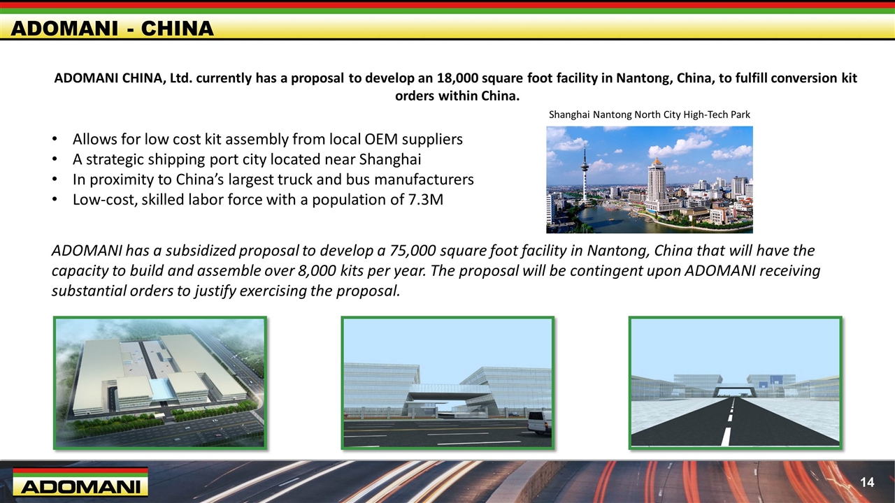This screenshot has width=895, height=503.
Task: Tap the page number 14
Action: (867, 482)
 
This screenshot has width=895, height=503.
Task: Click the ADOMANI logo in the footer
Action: (80, 482)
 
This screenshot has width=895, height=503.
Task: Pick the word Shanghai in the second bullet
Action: (390, 160)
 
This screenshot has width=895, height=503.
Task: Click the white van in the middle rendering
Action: (539, 422)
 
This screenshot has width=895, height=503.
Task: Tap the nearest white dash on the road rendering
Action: (726, 437)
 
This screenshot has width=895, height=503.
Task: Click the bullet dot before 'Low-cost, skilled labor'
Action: (55, 200)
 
